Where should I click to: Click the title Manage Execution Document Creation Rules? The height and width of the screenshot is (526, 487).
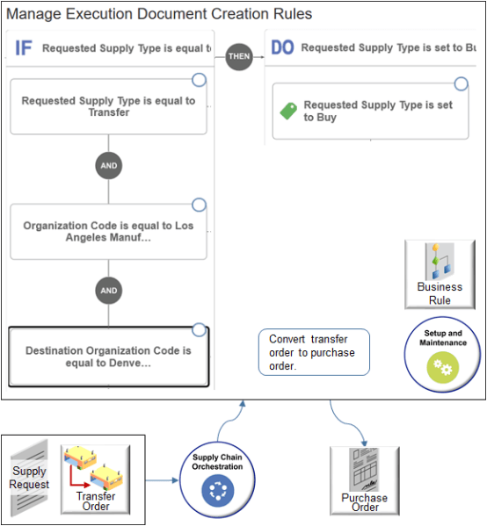tap(159, 15)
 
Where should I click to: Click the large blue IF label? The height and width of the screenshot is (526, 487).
tap(23, 48)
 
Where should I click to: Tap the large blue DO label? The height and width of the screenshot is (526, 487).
tap(282, 47)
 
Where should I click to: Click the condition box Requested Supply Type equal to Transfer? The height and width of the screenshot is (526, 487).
tap(108, 106)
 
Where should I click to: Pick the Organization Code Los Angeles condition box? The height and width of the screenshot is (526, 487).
tap(108, 232)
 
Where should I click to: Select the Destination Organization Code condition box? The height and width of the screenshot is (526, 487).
tap(108, 357)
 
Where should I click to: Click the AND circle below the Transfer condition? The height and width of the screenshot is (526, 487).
tap(109, 165)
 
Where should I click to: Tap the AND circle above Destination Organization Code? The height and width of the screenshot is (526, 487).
tap(109, 291)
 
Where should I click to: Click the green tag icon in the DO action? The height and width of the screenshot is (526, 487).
tap(288, 112)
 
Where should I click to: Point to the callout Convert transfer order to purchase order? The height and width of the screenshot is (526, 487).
tap(313, 353)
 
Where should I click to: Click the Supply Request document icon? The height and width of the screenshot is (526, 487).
tap(29, 479)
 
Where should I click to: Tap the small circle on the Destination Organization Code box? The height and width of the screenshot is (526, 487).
tap(200, 330)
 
